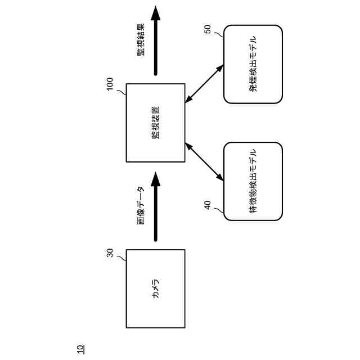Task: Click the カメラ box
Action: [x=155, y=304]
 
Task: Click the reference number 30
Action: [x=110, y=253]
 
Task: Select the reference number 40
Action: [x=208, y=205]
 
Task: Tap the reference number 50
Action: [x=208, y=29]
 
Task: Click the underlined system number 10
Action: [x=80, y=349]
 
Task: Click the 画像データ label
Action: [x=142, y=205]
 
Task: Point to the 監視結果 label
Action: [x=141, y=39]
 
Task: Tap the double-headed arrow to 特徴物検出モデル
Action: [x=204, y=162]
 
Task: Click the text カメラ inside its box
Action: [x=156, y=289]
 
